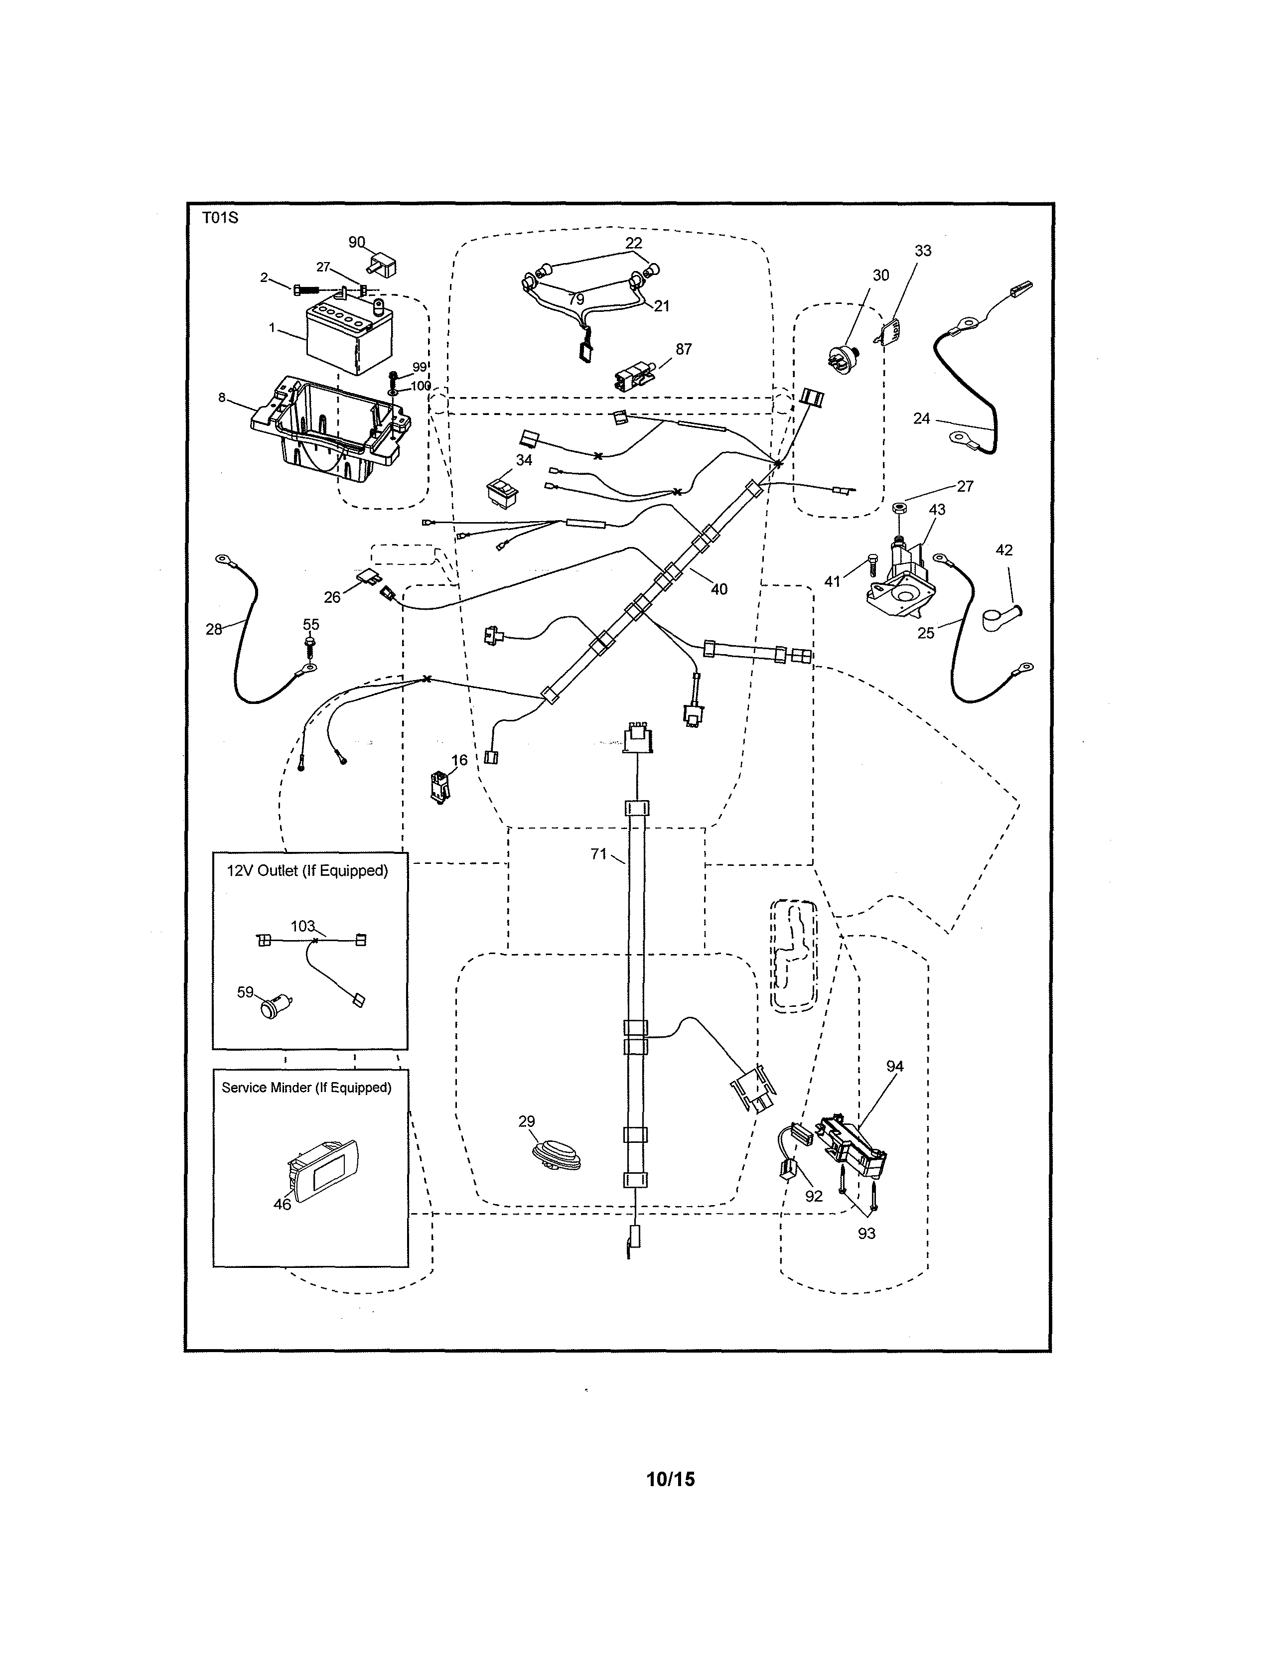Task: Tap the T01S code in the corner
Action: (220, 218)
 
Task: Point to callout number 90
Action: (356, 242)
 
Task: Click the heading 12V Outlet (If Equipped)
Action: (307, 870)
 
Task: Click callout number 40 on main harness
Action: (718, 589)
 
